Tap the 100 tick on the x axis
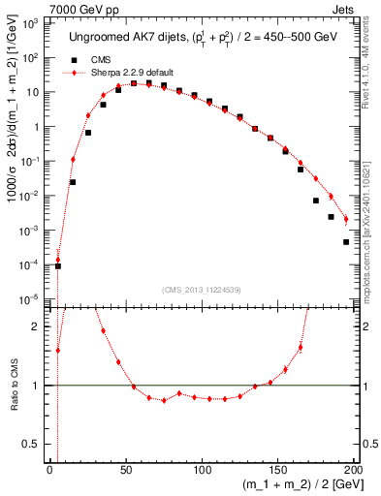(202, 471)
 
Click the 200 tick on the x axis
(353, 471)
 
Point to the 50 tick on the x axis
(126, 471)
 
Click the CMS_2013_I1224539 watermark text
(202, 289)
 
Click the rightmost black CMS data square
(346, 242)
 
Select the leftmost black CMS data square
(57, 265)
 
